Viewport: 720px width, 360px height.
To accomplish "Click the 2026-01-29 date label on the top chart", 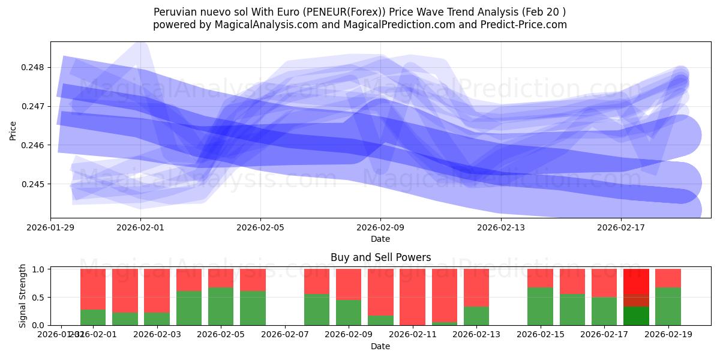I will tap(50, 227).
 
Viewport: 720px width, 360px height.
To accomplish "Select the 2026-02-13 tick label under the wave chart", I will tap(500, 227).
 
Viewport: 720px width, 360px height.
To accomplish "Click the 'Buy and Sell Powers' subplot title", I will tap(380, 257).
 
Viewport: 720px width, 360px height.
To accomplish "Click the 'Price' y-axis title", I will tap(13, 130).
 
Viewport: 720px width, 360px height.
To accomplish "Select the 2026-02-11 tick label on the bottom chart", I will tap(413, 335).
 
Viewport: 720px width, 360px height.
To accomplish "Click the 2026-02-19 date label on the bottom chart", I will tap(668, 335).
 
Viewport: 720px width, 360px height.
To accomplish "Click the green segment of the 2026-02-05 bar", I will tap(221, 306).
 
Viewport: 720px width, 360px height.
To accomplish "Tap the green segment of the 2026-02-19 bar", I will tap(668, 306).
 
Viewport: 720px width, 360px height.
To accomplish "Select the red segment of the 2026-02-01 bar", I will tap(93, 289).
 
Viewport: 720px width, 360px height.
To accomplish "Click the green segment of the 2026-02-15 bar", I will tap(540, 306).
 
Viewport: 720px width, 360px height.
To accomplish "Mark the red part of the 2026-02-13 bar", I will tap(476, 287).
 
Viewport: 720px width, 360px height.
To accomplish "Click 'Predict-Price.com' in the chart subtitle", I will tap(526, 25).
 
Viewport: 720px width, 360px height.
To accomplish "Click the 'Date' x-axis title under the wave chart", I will tap(380, 239).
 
